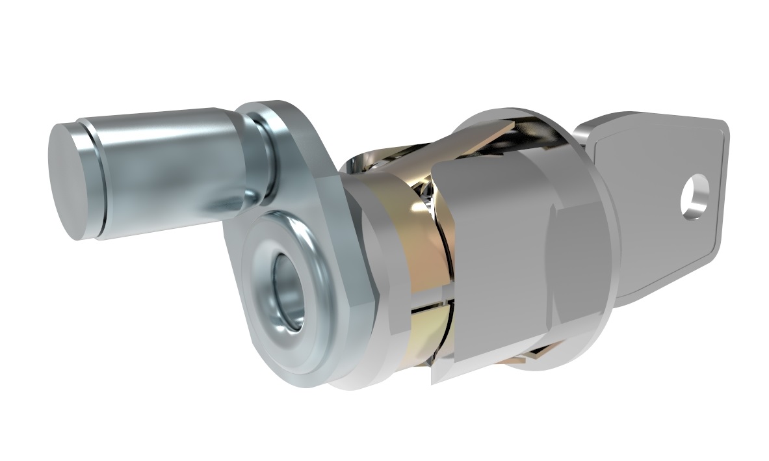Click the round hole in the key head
coord(696,194)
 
